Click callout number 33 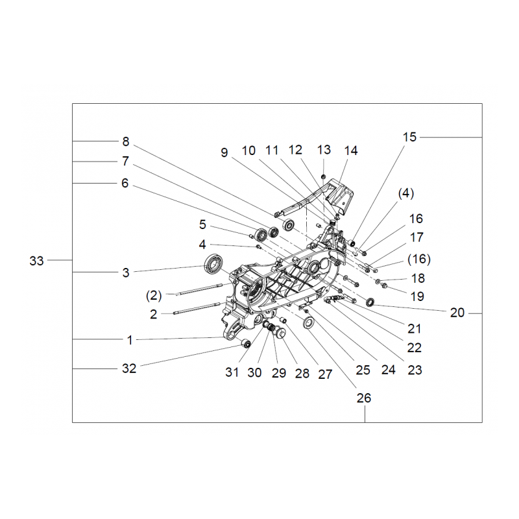[36, 261]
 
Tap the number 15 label [409, 137]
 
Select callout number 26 [364, 398]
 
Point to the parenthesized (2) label [154, 295]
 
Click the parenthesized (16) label [419, 259]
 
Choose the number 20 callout [457, 313]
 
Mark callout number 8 [126, 141]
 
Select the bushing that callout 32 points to [247, 344]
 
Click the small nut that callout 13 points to [324, 175]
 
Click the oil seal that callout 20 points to [370, 302]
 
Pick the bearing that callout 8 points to [289, 225]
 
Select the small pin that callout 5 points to [251, 235]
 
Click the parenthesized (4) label [406, 193]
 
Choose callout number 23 [415, 370]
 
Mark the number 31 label [232, 372]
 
